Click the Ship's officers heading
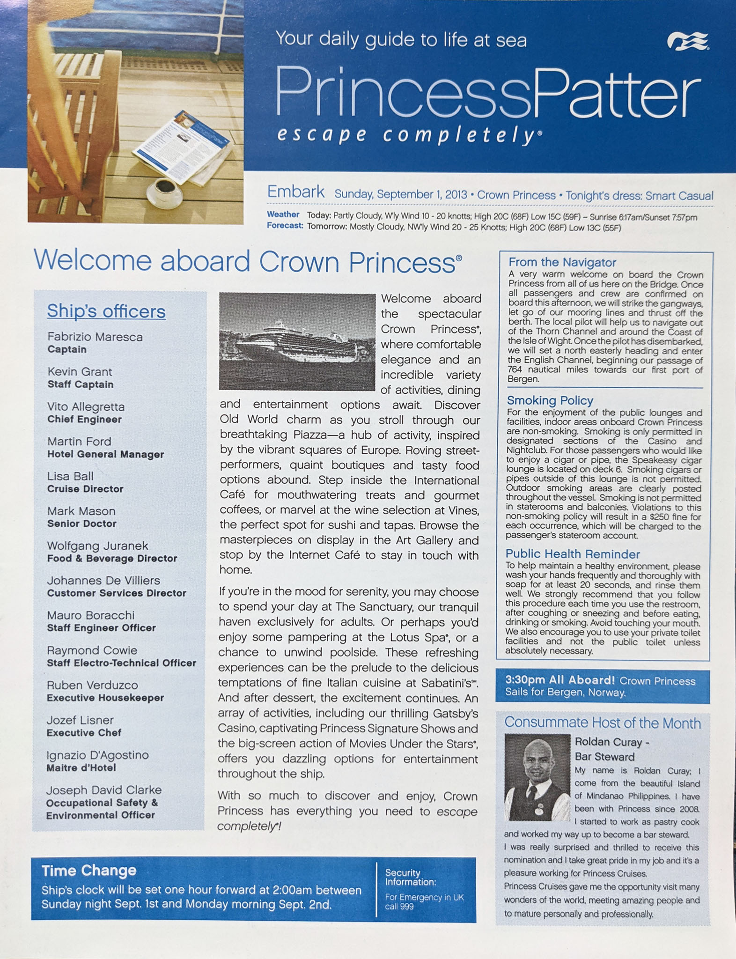coord(106,311)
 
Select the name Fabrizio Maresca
coord(95,337)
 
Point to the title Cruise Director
coord(85,489)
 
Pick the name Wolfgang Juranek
coord(97,546)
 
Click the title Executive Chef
coord(84,732)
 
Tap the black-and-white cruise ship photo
coord(297,341)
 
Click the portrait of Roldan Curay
coord(537,777)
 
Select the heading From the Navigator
coord(562,262)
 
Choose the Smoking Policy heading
coord(550,400)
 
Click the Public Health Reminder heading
coord(573,554)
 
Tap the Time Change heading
coord(89,870)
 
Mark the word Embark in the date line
coord(295,192)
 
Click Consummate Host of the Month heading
coord(602,723)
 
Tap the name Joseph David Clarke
coord(104,790)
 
